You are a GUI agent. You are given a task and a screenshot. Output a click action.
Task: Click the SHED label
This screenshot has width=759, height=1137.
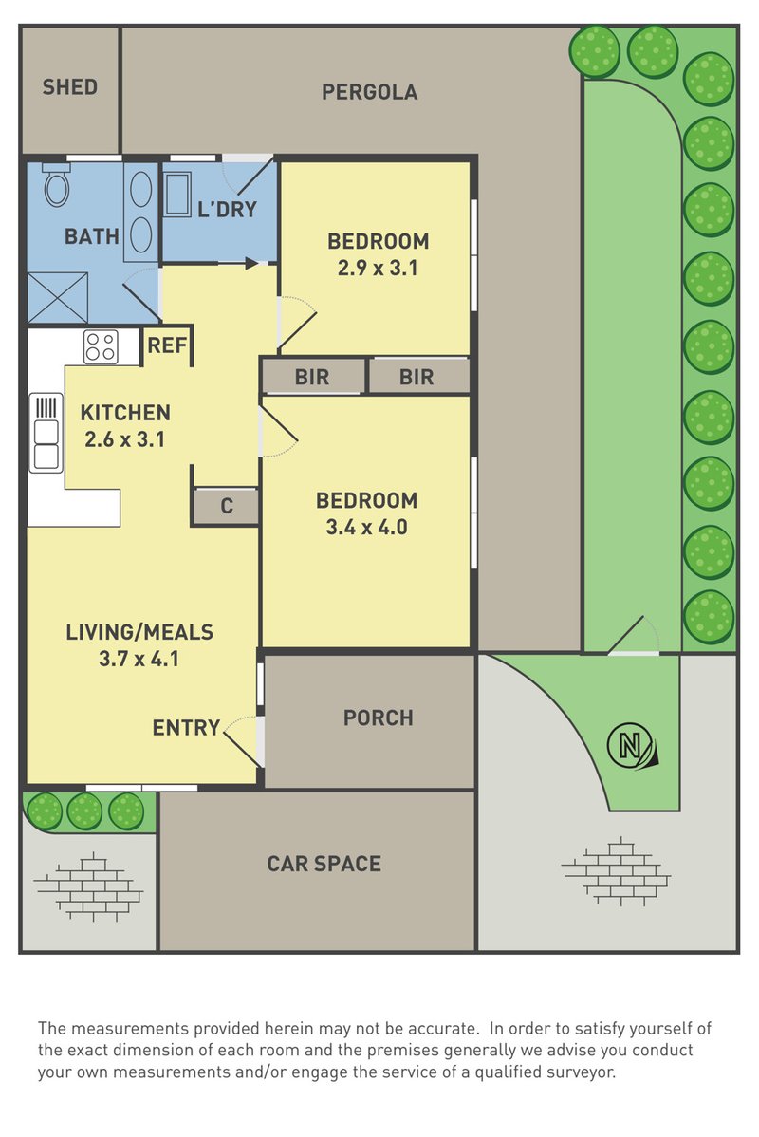pyautogui.click(x=69, y=87)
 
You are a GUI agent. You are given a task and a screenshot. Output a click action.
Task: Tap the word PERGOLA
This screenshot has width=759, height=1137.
pyautogui.click(x=370, y=92)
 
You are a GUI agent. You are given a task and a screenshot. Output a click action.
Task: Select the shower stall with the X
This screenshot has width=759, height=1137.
pyautogui.click(x=57, y=297)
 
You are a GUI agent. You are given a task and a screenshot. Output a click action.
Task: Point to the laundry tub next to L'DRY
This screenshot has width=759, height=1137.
pyautogui.click(x=176, y=194)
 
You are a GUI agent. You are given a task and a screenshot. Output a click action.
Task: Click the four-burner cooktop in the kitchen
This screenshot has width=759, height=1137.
pyautogui.click(x=101, y=346)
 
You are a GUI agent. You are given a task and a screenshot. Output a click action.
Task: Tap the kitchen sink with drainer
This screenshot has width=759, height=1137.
pyautogui.click(x=46, y=433)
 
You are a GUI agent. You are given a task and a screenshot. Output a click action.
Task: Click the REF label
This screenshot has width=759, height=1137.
pyautogui.click(x=168, y=345)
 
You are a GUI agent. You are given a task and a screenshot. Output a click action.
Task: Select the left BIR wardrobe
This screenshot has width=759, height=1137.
pyautogui.click(x=312, y=377)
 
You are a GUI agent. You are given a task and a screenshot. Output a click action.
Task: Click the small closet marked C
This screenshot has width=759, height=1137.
pyautogui.click(x=226, y=506)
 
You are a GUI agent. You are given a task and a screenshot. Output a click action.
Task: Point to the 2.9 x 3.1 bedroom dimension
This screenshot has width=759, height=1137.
pyautogui.click(x=378, y=269)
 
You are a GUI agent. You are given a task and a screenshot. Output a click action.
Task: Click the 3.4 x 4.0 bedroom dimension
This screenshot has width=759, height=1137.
pyautogui.click(x=367, y=527)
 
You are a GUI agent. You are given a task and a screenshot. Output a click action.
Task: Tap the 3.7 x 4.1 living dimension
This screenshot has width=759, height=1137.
pyautogui.click(x=139, y=660)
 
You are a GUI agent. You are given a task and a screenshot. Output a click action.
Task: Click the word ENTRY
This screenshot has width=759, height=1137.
pyautogui.click(x=186, y=727)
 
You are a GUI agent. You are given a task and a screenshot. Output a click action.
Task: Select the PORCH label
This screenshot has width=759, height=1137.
pyautogui.click(x=379, y=718)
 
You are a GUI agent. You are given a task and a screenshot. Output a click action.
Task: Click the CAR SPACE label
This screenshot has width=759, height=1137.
pyautogui.click(x=324, y=864)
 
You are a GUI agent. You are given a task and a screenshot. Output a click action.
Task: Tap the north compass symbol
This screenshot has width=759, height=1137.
pyautogui.click(x=632, y=745)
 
